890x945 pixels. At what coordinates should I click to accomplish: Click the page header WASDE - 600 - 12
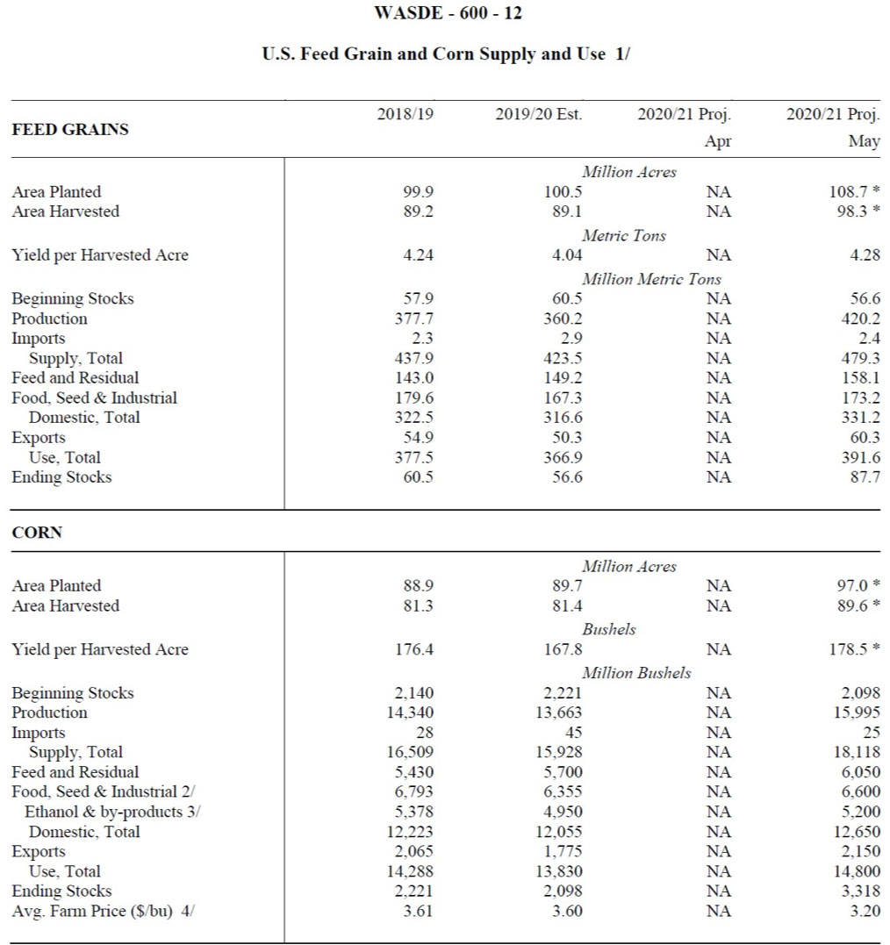(x=448, y=13)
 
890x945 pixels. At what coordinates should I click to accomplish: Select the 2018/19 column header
(x=405, y=115)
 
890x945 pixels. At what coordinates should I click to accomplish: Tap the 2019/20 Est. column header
(x=538, y=115)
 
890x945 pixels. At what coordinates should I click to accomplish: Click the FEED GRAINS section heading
(x=70, y=130)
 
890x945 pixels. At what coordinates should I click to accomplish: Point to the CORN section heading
(x=37, y=533)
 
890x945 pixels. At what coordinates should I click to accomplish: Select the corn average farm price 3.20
(x=865, y=911)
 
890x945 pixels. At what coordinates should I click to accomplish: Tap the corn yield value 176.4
(x=415, y=649)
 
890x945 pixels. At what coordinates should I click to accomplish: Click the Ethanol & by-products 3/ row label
(x=112, y=812)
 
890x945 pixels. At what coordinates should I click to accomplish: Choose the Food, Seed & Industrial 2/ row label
(x=103, y=791)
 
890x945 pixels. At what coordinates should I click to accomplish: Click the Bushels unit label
(x=609, y=629)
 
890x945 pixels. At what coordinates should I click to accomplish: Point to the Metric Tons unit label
(x=623, y=235)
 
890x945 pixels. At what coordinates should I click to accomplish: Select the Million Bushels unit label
(x=636, y=673)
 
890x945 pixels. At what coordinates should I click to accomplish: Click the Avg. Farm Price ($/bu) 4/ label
(x=103, y=911)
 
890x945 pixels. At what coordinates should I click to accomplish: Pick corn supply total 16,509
(x=410, y=752)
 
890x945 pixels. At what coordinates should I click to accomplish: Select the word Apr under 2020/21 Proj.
(x=717, y=141)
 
